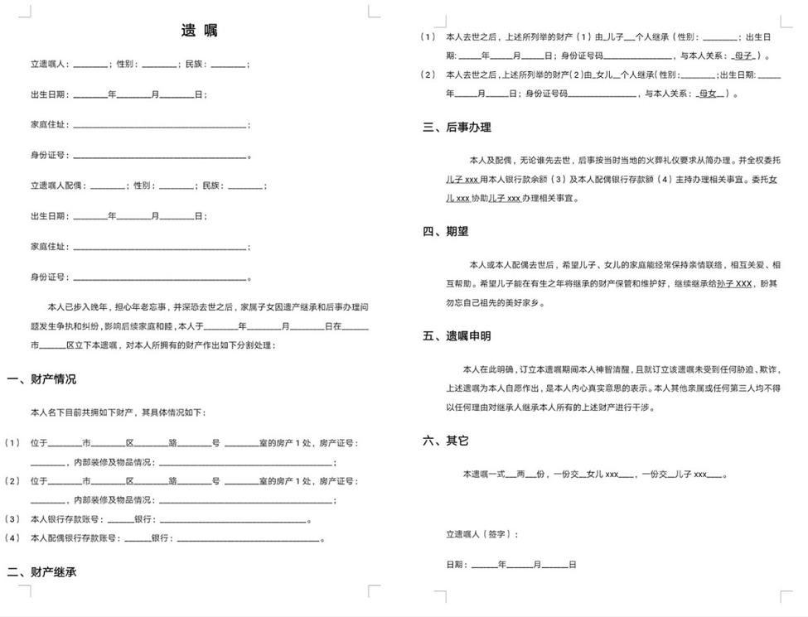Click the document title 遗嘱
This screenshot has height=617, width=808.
click(199, 31)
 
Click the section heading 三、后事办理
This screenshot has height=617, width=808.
click(457, 128)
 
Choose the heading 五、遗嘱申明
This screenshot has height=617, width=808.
click(457, 336)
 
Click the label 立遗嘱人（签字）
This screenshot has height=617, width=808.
click(481, 534)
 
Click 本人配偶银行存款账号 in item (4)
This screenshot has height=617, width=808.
click(75, 538)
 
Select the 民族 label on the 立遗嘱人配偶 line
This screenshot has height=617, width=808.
click(211, 186)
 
